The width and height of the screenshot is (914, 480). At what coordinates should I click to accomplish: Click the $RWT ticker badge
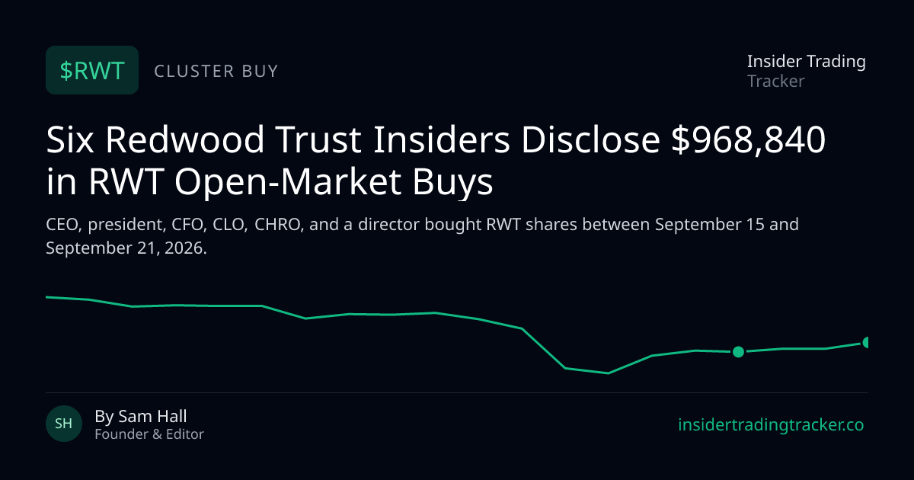click(x=92, y=70)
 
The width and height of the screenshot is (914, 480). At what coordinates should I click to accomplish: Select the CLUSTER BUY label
click(x=216, y=71)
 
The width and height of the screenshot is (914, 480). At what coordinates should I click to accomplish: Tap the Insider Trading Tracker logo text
click(x=807, y=71)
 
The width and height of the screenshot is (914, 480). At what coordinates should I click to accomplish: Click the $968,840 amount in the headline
click(x=748, y=140)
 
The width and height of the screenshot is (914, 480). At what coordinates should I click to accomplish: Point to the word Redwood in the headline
click(x=185, y=139)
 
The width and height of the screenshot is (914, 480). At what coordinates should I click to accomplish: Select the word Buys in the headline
click(x=452, y=181)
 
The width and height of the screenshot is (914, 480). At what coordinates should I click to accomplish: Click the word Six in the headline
click(x=70, y=139)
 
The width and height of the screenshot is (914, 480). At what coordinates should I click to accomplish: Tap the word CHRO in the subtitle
click(x=277, y=225)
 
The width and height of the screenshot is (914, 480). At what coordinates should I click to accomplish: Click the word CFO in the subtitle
click(x=187, y=225)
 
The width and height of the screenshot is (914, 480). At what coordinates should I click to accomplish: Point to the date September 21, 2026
click(x=126, y=248)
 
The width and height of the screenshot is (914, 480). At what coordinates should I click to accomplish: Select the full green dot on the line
click(x=738, y=351)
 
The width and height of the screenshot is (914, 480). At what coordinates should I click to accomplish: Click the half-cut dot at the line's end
click(x=865, y=342)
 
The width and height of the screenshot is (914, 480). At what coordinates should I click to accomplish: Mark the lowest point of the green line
click(x=608, y=373)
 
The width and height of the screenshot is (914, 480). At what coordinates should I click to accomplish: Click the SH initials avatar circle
click(x=64, y=424)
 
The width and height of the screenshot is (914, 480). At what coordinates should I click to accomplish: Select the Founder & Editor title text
click(x=149, y=434)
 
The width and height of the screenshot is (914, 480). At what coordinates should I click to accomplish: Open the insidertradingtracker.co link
click(x=771, y=424)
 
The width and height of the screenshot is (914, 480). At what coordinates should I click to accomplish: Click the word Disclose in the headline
click(x=590, y=139)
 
